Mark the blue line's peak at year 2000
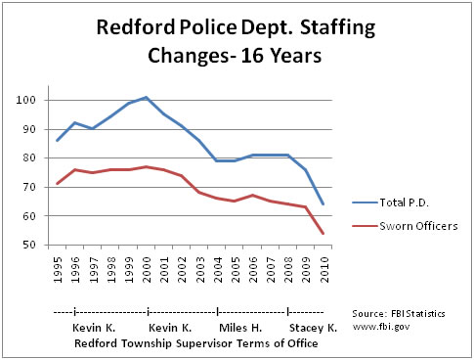tap(146, 98)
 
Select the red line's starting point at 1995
tap(59, 184)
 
